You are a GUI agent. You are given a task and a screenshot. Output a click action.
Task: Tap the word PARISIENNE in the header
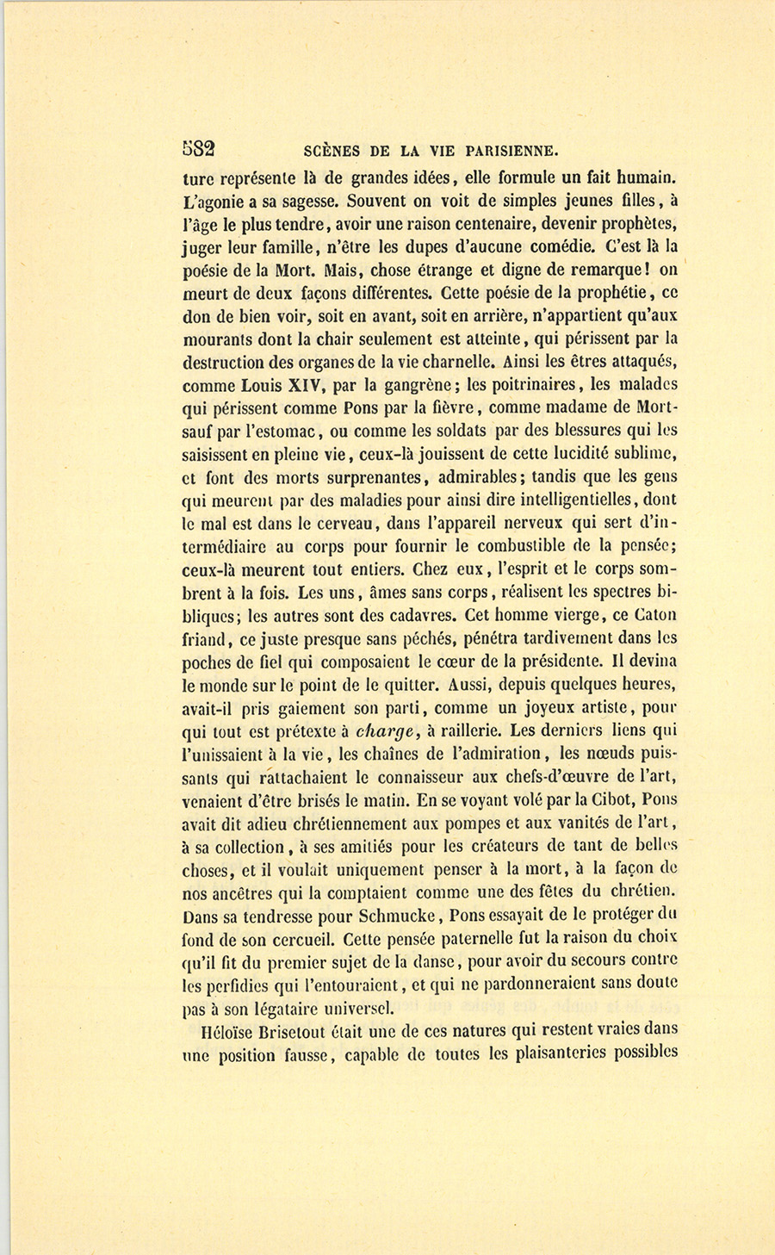[x=512, y=150]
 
